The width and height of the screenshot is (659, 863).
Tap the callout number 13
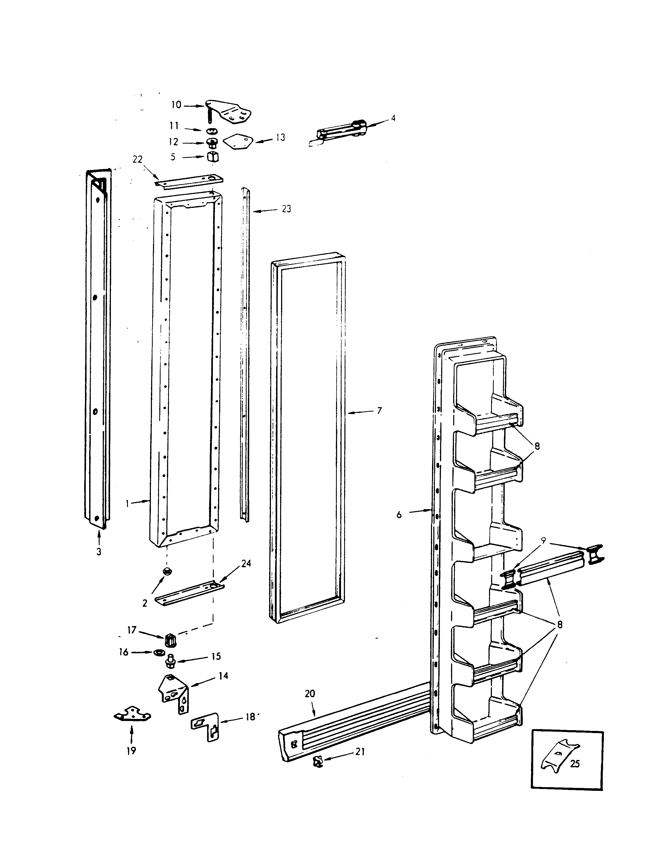[280, 138]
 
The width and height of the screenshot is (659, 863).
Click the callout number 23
[286, 209]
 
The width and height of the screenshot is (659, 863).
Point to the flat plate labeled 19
[133, 714]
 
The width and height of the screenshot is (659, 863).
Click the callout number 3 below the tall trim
[99, 552]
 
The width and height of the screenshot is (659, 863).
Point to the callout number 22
[137, 159]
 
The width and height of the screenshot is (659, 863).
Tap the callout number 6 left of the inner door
[399, 515]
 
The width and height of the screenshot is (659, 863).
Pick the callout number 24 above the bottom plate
[246, 564]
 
